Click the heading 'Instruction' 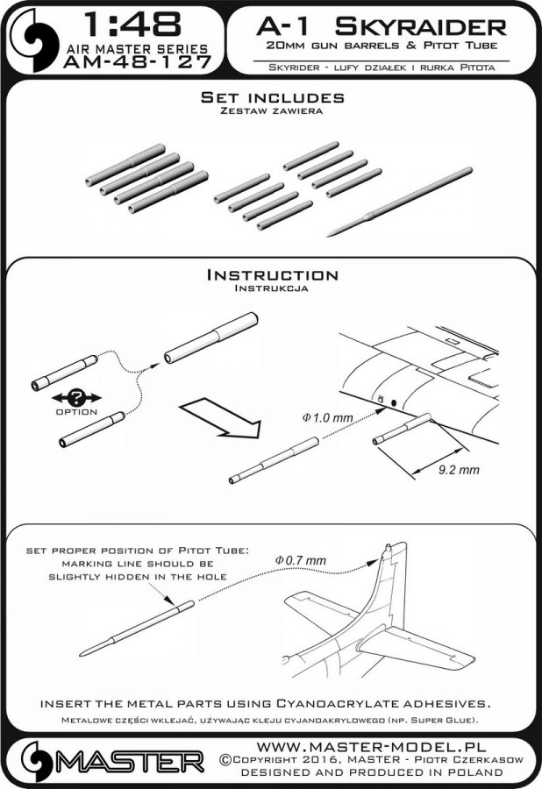point(271,274)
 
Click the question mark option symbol point(74,396)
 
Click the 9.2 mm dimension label point(458,470)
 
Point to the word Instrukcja point(271,288)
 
